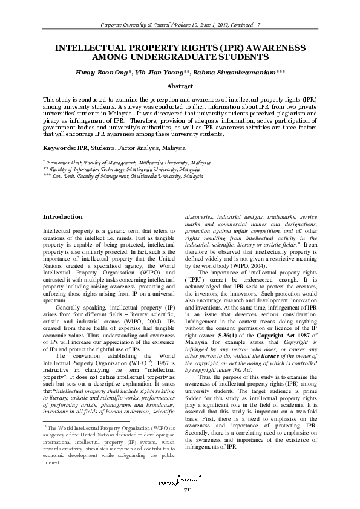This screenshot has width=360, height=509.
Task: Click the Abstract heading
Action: [180, 86]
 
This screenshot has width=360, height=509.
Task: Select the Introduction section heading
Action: [64, 217]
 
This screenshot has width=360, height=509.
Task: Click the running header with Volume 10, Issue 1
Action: [180, 24]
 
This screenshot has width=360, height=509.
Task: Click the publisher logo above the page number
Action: [188, 479]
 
